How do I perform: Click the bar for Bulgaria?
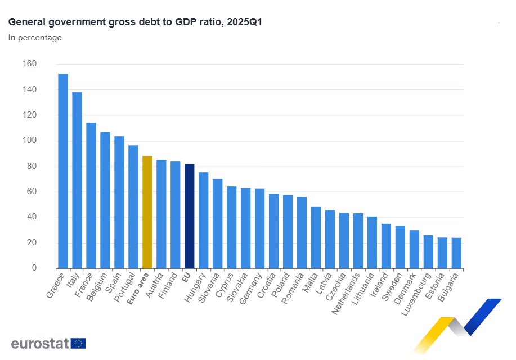[x=456, y=253]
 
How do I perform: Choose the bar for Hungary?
[x=204, y=220]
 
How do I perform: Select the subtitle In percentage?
[x=35, y=38]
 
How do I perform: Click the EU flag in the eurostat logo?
[x=78, y=343]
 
